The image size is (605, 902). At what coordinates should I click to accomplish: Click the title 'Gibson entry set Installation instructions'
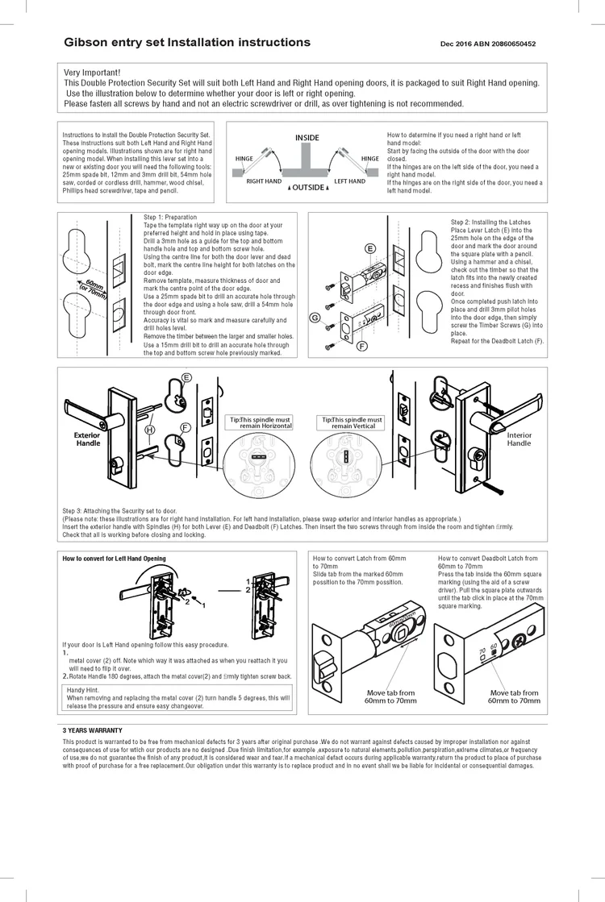pyautogui.click(x=187, y=42)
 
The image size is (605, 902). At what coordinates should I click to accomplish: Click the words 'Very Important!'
pyautogui.click(x=92, y=73)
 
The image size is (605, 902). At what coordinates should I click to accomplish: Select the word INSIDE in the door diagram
pyautogui.click(x=307, y=138)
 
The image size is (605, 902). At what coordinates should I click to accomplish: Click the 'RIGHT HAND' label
pyautogui.click(x=264, y=181)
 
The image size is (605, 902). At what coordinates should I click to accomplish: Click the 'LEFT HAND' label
pyautogui.click(x=350, y=181)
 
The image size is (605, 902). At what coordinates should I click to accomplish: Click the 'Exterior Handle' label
pyautogui.click(x=88, y=439)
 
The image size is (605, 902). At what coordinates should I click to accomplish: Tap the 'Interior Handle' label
pyautogui.click(x=519, y=439)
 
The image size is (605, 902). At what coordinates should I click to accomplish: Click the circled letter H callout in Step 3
pyautogui.click(x=149, y=430)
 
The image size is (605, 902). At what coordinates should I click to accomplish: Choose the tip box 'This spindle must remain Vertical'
pyautogui.click(x=352, y=423)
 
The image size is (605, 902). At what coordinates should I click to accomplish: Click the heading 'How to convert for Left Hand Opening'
pyautogui.click(x=114, y=559)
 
